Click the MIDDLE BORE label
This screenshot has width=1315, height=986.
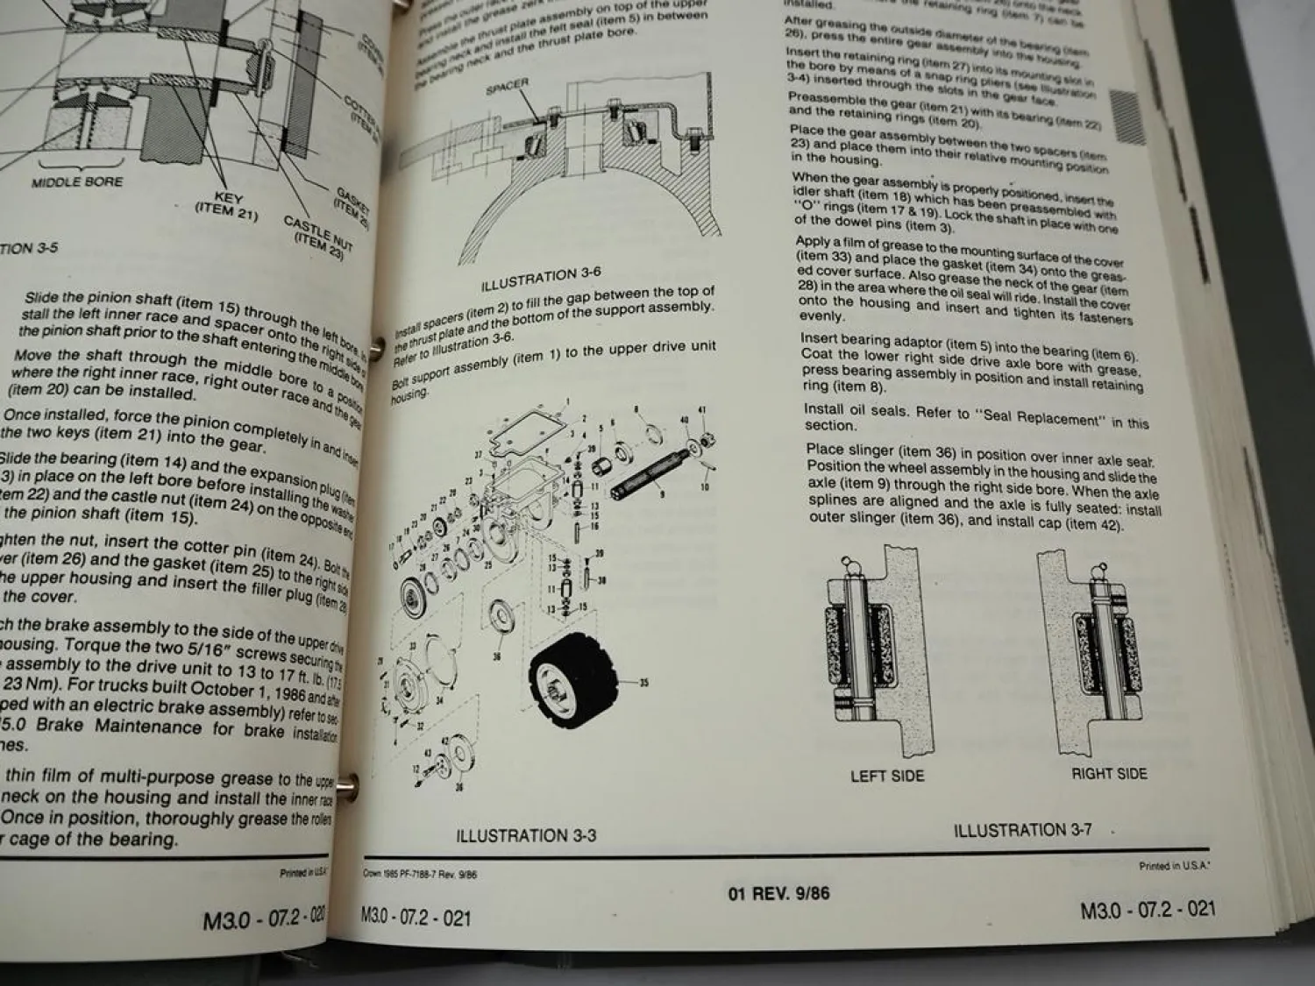point(77,181)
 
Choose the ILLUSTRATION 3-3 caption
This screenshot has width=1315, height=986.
point(526,835)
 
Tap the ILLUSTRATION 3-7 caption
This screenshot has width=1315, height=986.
point(1022,829)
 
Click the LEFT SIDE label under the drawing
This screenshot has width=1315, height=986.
point(887,776)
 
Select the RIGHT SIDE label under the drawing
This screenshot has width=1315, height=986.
point(1109,773)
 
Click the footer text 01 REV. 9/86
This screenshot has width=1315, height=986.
point(778,894)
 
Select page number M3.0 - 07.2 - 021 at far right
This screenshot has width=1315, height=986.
point(1148,909)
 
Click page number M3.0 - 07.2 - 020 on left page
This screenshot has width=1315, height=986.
point(264,919)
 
